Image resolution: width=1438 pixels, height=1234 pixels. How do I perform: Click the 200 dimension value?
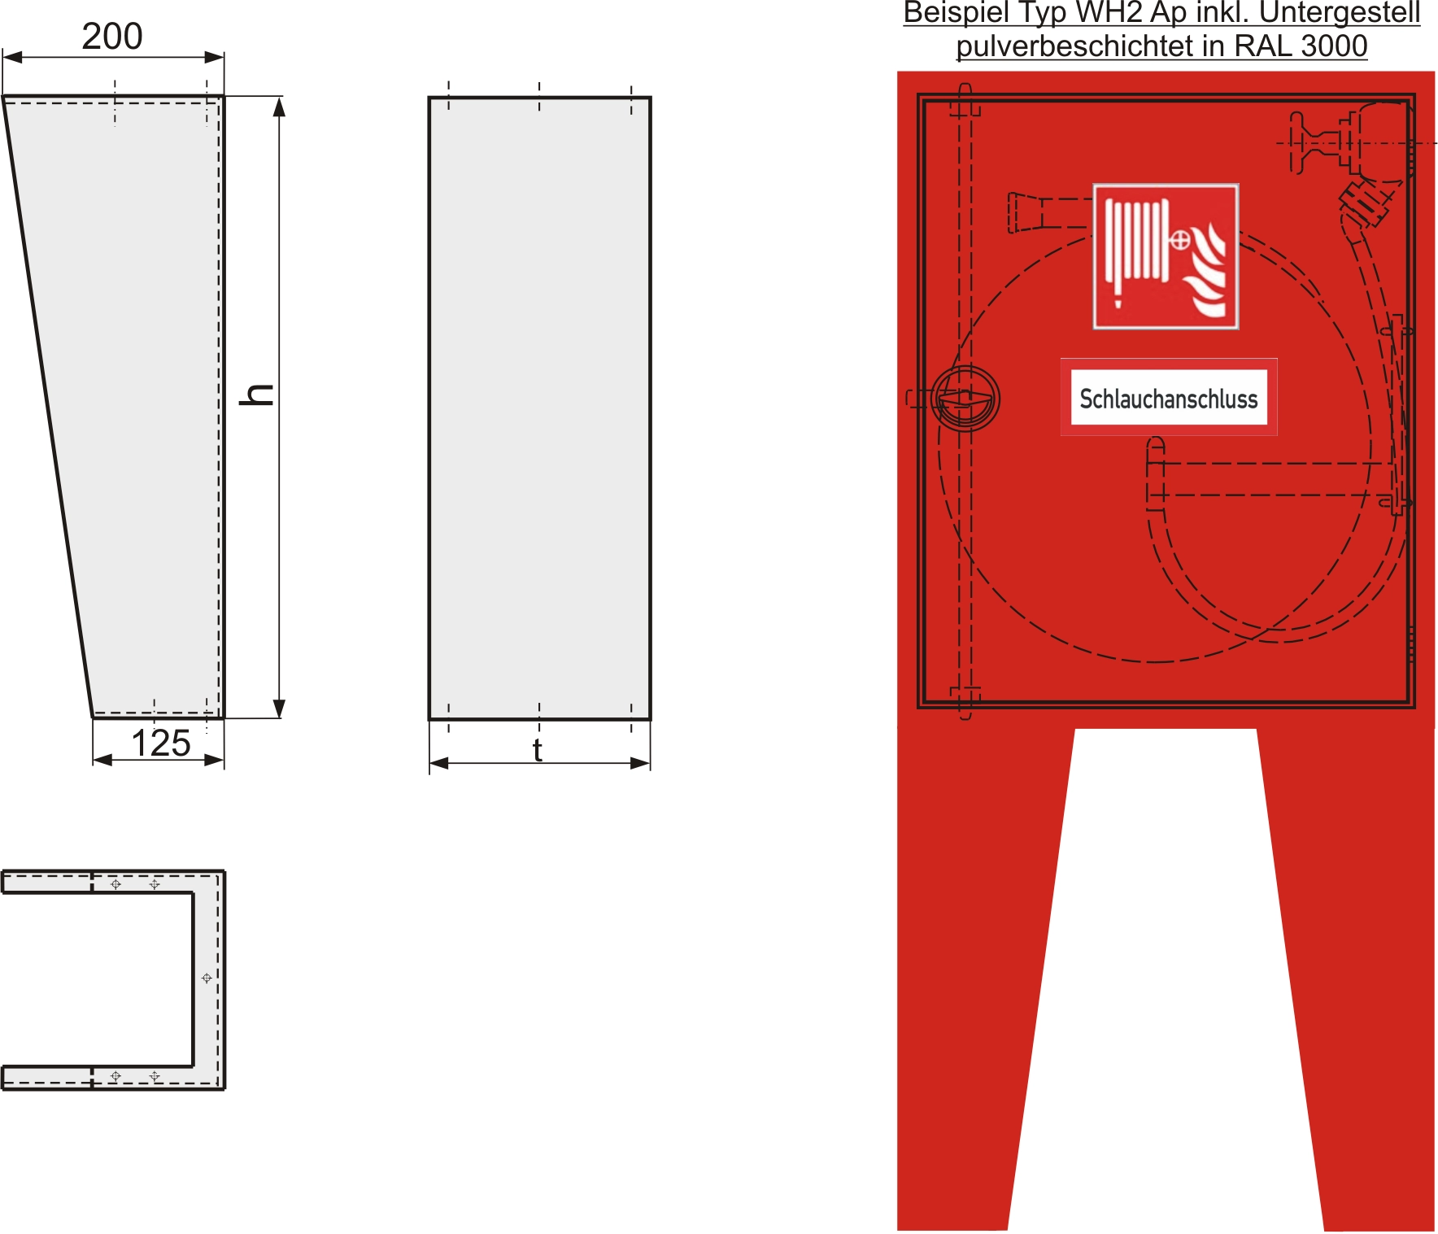click(x=112, y=37)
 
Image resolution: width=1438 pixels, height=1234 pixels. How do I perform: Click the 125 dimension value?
click(x=161, y=743)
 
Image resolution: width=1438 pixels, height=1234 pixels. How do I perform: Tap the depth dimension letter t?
click(x=538, y=750)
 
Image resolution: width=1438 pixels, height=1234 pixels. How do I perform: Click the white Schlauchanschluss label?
click(x=1169, y=398)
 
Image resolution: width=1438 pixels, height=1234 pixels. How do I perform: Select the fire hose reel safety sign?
click(x=1166, y=256)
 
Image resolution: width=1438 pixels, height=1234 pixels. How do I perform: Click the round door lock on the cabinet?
click(x=965, y=399)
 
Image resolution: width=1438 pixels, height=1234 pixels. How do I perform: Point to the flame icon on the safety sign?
click(x=1207, y=273)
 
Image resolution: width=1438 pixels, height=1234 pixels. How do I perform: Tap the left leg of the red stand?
click(x=976, y=1017)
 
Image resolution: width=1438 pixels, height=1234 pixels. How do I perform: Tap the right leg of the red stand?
click(x=1358, y=1017)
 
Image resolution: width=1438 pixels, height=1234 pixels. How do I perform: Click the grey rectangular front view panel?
click(x=539, y=407)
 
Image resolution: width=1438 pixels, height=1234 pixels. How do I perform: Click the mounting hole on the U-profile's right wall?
click(x=207, y=978)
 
